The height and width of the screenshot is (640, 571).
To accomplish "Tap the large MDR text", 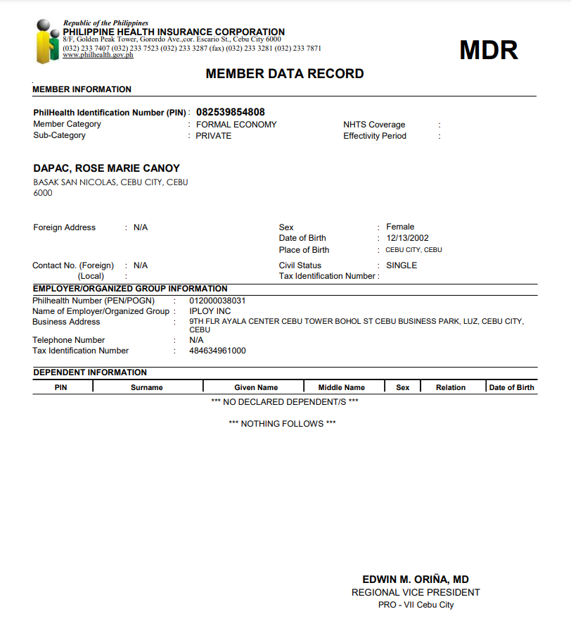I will (488, 50).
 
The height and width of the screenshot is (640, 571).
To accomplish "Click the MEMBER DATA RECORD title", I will (285, 74).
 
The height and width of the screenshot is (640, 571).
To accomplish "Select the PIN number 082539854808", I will (231, 112).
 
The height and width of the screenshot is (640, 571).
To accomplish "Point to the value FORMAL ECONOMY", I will (236, 125).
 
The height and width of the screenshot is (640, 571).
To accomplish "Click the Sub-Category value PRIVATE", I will (213, 136).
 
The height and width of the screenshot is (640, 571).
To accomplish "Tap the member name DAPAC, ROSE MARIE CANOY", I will (107, 168).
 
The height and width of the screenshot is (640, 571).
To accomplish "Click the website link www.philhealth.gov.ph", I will (98, 55).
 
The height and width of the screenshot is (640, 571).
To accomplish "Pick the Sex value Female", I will (400, 227).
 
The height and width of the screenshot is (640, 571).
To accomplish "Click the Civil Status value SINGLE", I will (402, 265).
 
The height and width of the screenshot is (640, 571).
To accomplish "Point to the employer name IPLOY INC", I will (210, 311).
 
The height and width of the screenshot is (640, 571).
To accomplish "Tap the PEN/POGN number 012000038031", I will (218, 301).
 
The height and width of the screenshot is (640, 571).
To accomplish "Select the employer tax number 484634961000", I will (218, 351).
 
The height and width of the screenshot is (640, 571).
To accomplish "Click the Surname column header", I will (146, 387).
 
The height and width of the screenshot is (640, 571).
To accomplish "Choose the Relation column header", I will (450, 387).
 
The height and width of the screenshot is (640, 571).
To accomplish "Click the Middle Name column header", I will (342, 387).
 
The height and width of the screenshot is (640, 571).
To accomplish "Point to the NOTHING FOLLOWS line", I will (282, 424).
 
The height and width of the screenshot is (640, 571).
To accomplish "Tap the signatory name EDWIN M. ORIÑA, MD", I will (416, 579).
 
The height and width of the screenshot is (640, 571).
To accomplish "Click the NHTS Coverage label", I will (374, 125).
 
